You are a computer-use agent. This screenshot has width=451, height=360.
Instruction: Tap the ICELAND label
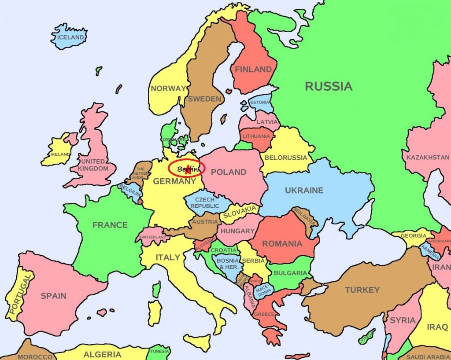click(x=70, y=37)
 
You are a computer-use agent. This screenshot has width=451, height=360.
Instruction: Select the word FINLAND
click(x=253, y=69)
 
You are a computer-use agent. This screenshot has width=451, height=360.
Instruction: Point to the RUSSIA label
click(x=329, y=86)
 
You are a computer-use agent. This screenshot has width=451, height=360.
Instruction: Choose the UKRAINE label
click(x=304, y=191)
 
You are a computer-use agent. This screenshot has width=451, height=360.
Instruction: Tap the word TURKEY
click(x=362, y=290)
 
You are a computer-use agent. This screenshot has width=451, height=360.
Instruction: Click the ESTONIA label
click(x=259, y=103)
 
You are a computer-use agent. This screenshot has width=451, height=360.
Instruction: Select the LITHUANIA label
click(x=256, y=136)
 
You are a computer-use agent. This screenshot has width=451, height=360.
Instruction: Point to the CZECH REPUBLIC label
click(x=205, y=202)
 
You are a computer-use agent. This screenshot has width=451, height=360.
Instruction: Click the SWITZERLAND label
click(x=153, y=237)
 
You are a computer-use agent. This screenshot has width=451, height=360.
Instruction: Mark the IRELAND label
click(x=60, y=154)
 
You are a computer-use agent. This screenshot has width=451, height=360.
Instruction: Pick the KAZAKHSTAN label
click(x=428, y=157)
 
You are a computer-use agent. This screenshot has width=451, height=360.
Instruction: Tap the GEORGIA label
click(x=413, y=235)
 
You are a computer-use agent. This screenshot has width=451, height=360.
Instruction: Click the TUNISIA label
click(x=159, y=351)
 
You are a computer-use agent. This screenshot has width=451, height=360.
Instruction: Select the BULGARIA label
click(x=290, y=273)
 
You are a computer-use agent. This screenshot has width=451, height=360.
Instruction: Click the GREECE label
click(x=264, y=314)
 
